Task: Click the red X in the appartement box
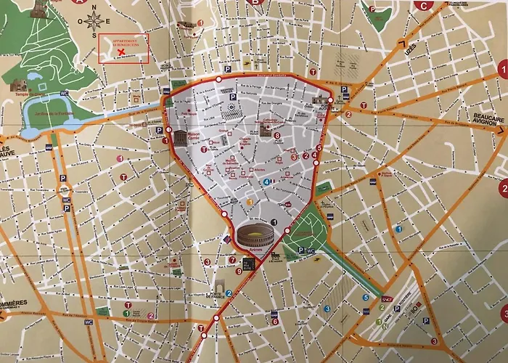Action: tap(121, 52)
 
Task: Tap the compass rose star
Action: tap(94, 21)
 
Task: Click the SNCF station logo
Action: tap(386, 298)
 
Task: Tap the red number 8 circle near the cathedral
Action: tap(277, 135)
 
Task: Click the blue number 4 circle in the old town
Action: tap(266, 181)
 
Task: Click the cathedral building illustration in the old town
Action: tap(266, 131)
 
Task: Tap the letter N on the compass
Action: tap(94, 7)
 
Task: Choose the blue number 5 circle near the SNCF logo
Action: tap(365, 298)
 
